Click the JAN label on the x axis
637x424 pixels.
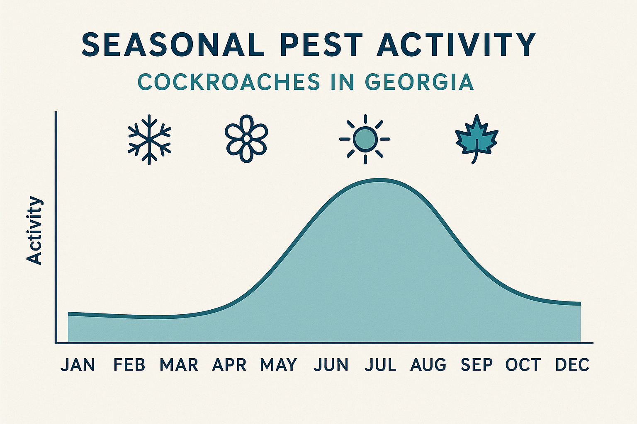click(78, 365)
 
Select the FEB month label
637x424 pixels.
click(129, 365)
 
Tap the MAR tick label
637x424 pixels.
click(179, 365)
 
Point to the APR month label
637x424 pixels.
click(229, 365)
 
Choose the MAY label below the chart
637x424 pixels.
click(279, 365)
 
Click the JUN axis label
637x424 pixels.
click(331, 365)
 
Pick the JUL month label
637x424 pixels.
click(381, 365)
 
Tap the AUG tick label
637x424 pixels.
click(428, 365)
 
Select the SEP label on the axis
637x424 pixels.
click(477, 365)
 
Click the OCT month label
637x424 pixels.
click(523, 365)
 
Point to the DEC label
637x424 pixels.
click(572, 365)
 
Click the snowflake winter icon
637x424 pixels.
click(149, 140)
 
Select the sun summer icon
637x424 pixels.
click(365, 139)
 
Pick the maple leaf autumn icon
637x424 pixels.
click(477, 139)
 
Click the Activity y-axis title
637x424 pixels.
click(34, 230)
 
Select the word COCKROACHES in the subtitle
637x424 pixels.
click(229, 82)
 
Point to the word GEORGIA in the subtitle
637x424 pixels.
click(419, 82)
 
